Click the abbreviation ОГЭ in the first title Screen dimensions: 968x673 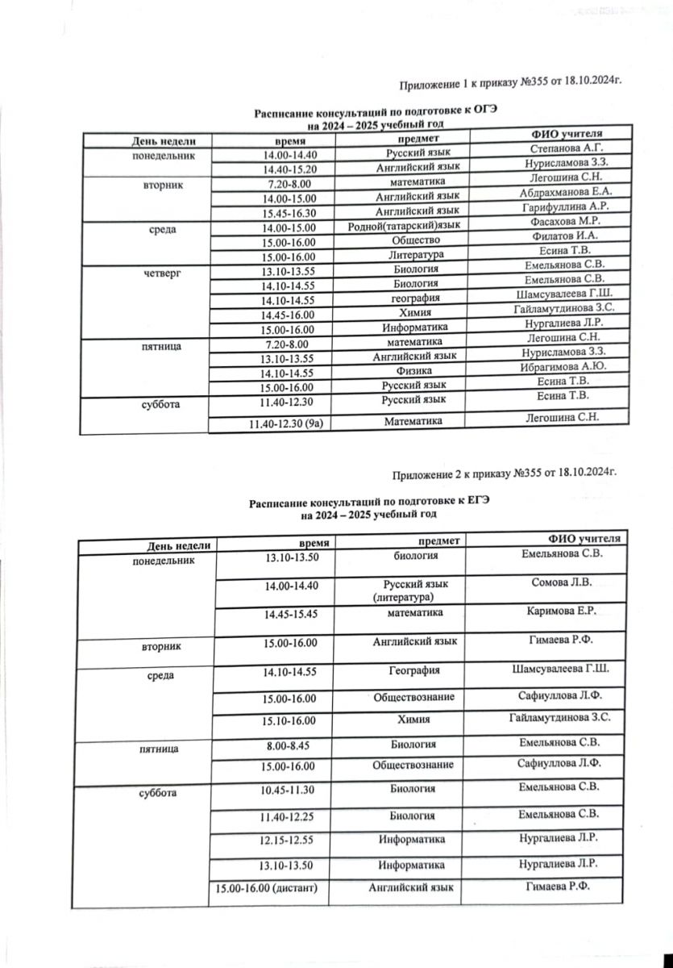click(x=478, y=115)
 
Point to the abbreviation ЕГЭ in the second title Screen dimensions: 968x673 click(x=476, y=502)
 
